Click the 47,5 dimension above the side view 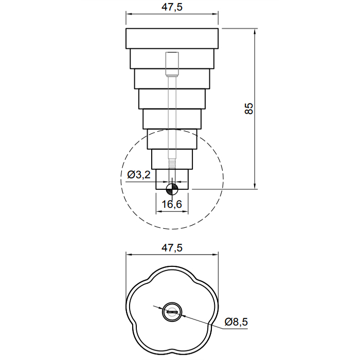[x=172, y=7]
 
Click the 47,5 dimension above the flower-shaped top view [x=172, y=248]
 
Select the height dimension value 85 [x=249, y=109]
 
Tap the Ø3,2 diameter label [x=139, y=175]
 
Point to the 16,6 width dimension [x=172, y=204]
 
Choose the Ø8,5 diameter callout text [x=236, y=322]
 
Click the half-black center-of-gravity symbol [x=172, y=189]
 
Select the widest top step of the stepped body [x=172, y=39]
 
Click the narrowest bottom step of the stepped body [x=172, y=179]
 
